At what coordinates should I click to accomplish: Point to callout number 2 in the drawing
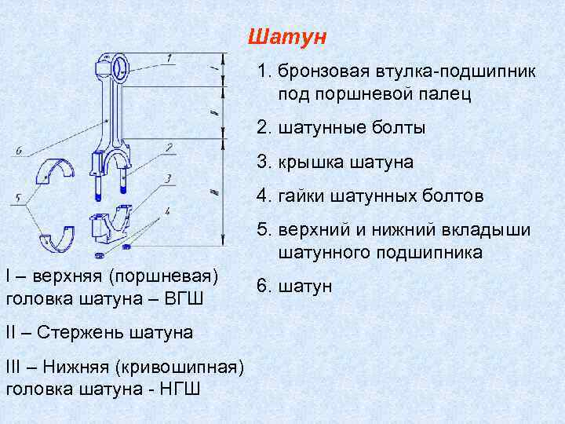[168, 147]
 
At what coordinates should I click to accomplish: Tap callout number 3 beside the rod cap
[167, 179]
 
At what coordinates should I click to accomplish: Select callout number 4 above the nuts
[166, 210]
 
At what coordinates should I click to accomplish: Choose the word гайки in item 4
[300, 196]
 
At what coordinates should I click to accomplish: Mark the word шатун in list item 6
[304, 287]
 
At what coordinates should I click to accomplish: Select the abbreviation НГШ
[178, 389]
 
